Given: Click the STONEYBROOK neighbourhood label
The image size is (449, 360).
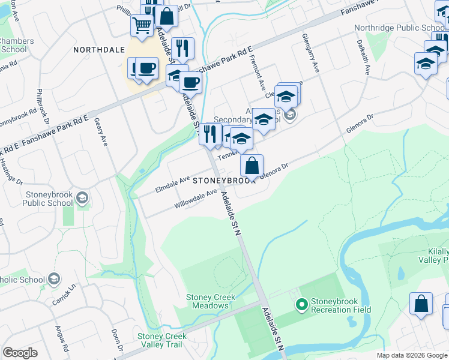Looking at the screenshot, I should (224, 181).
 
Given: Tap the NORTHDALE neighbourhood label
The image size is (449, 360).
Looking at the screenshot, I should (99, 50).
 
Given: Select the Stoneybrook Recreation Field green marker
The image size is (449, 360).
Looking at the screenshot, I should (302, 305).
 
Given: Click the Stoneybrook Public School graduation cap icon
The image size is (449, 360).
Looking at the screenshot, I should (83, 198).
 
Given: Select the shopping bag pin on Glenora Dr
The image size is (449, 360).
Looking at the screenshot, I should (253, 166).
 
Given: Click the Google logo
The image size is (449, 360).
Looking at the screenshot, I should (20, 353).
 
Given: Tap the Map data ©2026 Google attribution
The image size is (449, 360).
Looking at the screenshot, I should (411, 355).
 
